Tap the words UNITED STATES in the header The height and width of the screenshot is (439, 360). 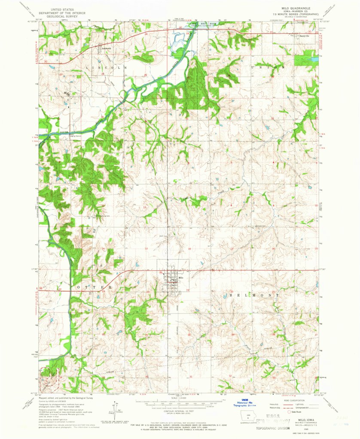(x=63, y=8)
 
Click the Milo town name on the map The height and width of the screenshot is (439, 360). (x=181, y=278)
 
